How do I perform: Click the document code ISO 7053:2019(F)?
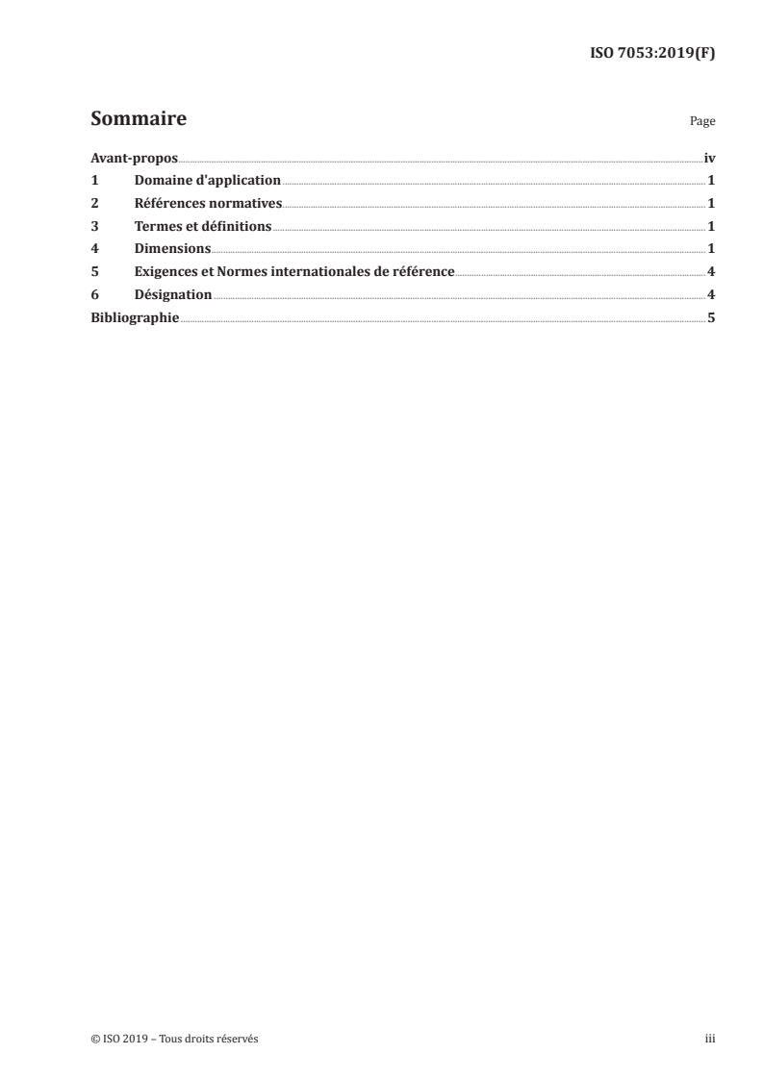pyautogui.click(x=652, y=54)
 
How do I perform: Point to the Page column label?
pyautogui.click(x=702, y=123)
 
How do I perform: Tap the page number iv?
pyautogui.click(x=709, y=157)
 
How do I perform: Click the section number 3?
pyautogui.click(x=94, y=226)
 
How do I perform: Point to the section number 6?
pyautogui.click(x=94, y=294)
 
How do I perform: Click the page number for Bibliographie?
pyautogui.click(x=711, y=317)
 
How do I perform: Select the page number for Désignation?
pyautogui.click(x=711, y=294)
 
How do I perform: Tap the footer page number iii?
pyautogui.click(x=710, y=1039)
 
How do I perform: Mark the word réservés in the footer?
pyautogui.click(x=236, y=1039)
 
